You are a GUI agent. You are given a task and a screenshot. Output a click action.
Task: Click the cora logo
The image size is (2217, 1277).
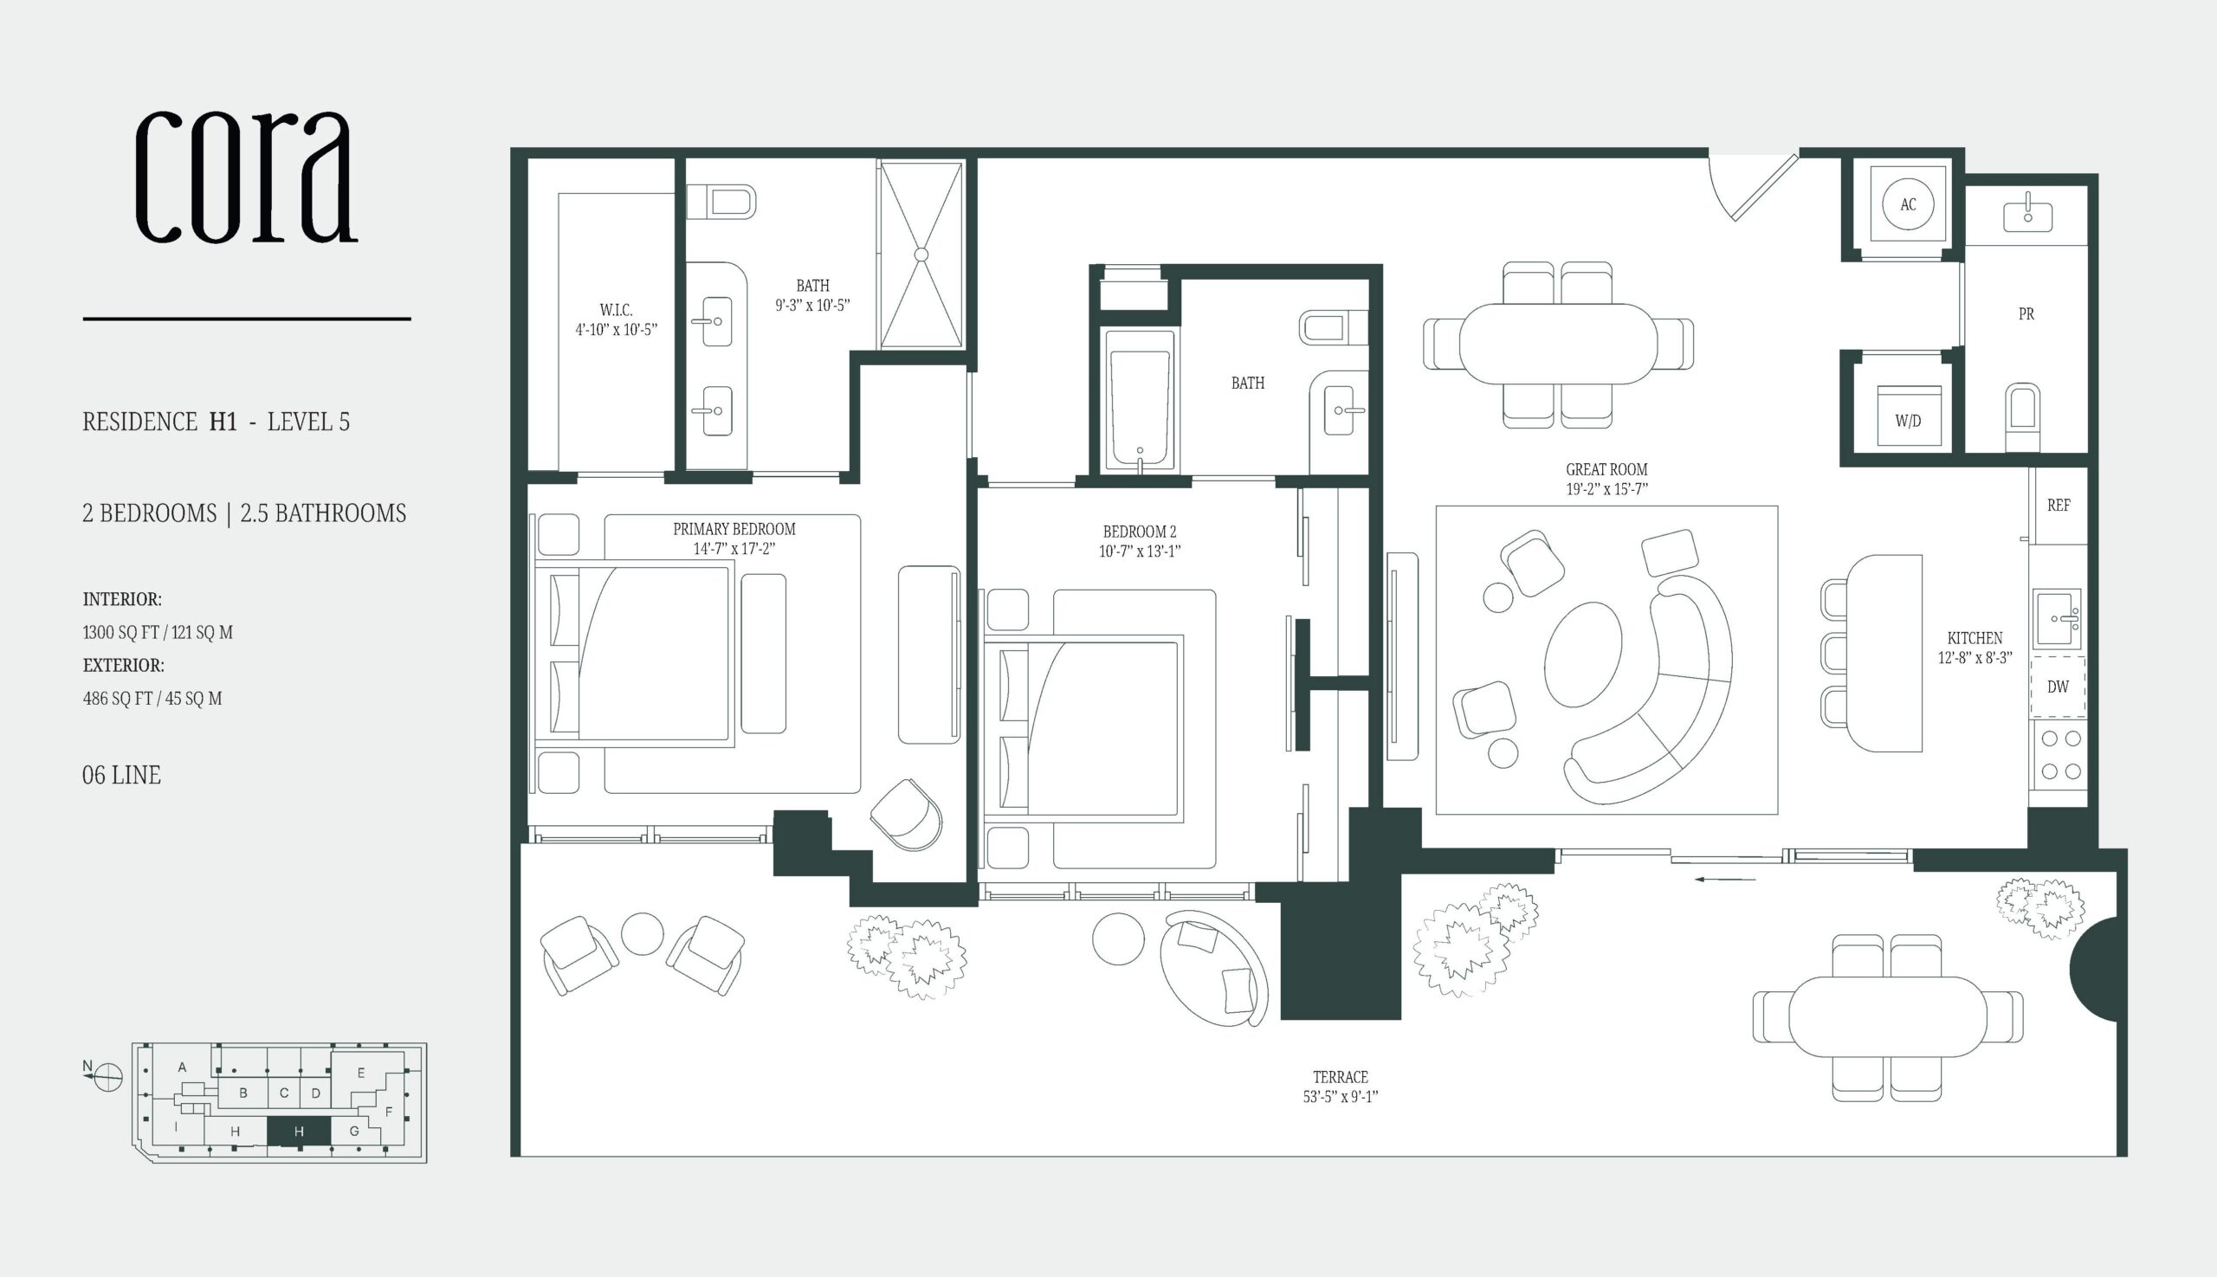[x=247, y=178]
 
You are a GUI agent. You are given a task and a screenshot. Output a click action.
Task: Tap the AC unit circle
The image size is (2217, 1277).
[x=1908, y=204]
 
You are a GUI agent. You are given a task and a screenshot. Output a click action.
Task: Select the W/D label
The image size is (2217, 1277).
[x=1908, y=421]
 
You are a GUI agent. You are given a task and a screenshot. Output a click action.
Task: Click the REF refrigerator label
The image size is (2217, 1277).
[x=2059, y=506]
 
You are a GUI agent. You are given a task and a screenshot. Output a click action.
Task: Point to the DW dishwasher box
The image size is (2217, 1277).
[x=2058, y=687]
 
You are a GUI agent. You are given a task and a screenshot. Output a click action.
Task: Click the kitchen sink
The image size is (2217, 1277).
[x=2057, y=617]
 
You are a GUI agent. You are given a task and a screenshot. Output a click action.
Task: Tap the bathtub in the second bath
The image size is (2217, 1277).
[x=1139, y=400]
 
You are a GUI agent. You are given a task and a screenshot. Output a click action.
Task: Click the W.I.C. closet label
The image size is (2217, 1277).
[x=616, y=311]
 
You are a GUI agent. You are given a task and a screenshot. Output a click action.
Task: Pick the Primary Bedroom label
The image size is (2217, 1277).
[x=734, y=530]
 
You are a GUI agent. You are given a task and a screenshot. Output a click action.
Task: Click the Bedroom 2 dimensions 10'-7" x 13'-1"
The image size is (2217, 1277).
[x=1140, y=551]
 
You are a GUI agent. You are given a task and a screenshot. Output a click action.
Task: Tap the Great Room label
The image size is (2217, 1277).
[x=1606, y=470]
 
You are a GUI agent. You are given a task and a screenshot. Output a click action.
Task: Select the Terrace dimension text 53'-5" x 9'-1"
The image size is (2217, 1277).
[x=1341, y=1096]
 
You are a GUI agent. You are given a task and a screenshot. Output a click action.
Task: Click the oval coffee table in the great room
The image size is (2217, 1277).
[x=1584, y=655]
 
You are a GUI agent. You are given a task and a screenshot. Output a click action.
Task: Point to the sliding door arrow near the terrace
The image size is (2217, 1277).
[x=1725, y=879]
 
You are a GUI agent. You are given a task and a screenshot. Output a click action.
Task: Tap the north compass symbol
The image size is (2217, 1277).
[x=107, y=1076]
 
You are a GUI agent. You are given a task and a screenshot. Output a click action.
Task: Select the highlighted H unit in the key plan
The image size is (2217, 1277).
[x=299, y=1132]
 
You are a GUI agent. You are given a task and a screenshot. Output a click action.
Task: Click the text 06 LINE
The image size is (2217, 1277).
[x=122, y=776]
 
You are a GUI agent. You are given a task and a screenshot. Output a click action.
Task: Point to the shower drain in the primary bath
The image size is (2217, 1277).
[x=921, y=255]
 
